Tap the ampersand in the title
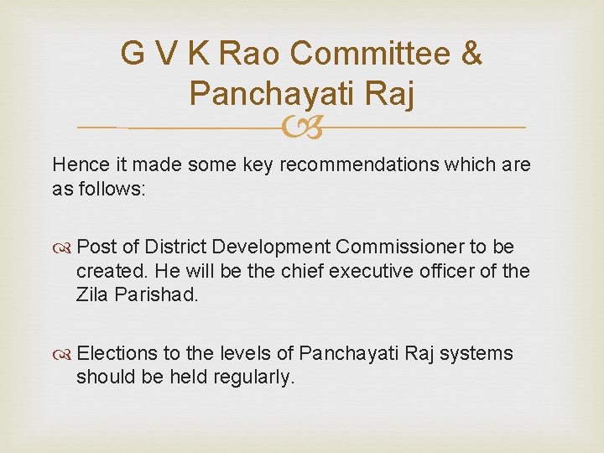click(x=472, y=53)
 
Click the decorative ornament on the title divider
click(x=301, y=127)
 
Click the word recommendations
click(x=357, y=164)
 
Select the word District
click(x=175, y=247)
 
